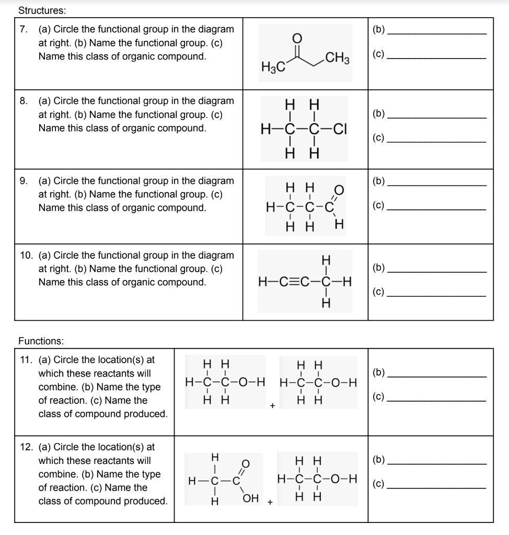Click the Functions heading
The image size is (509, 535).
click(41, 341)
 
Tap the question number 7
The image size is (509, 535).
click(24, 30)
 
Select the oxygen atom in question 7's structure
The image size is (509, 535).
click(297, 37)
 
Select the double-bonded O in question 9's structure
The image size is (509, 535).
click(339, 189)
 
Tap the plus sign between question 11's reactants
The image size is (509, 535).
click(272, 405)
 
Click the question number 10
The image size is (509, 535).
click(26, 255)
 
